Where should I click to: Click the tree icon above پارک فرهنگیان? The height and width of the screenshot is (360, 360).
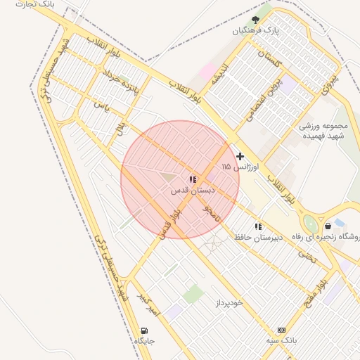click(x=255, y=20)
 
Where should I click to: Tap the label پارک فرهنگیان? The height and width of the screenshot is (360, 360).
click(x=257, y=31)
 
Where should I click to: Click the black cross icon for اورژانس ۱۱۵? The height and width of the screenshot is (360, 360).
click(x=240, y=156)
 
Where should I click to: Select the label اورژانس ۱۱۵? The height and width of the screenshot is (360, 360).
click(x=240, y=167)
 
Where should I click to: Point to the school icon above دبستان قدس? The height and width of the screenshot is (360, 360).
click(x=193, y=180)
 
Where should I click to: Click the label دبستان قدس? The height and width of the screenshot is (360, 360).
click(x=193, y=191)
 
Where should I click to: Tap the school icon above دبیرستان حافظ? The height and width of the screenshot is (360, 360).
click(x=258, y=226)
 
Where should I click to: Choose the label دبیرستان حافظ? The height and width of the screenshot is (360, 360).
click(x=259, y=237)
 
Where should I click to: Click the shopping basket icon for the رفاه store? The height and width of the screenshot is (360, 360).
click(x=328, y=226)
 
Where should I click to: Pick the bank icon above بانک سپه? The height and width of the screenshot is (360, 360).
click(x=281, y=330)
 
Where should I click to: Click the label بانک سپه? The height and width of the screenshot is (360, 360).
click(x=282, y=340)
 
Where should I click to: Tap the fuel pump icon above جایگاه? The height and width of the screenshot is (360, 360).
click(x=145, y=330)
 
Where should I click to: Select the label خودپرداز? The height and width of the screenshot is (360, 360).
click(x=226, y=302)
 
